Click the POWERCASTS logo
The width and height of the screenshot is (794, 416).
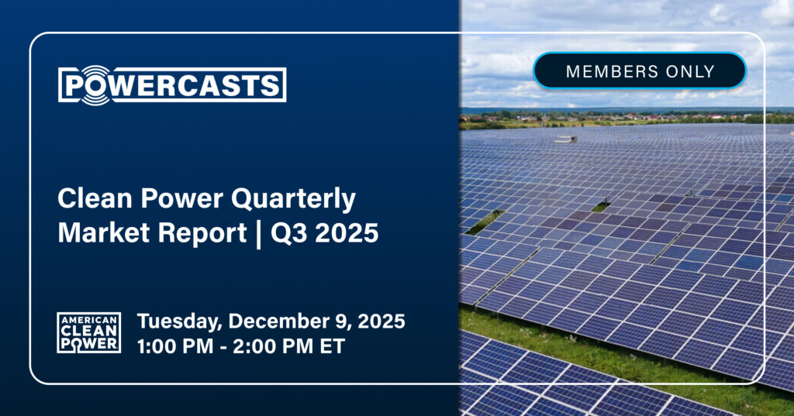tap(172, 85)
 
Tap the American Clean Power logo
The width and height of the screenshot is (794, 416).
tap(89, 332)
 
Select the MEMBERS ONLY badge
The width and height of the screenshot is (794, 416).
tap(640, 70)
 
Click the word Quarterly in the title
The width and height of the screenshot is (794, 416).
tap(294, 199)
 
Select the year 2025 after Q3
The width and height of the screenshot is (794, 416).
tap(347, 233)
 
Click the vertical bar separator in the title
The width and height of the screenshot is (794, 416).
tap(259, 234)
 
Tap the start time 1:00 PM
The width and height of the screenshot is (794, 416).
tap(174, 346)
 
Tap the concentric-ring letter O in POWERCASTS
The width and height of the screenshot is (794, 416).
tap(95, 85)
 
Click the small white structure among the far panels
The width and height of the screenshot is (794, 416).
tap(566, 139)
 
